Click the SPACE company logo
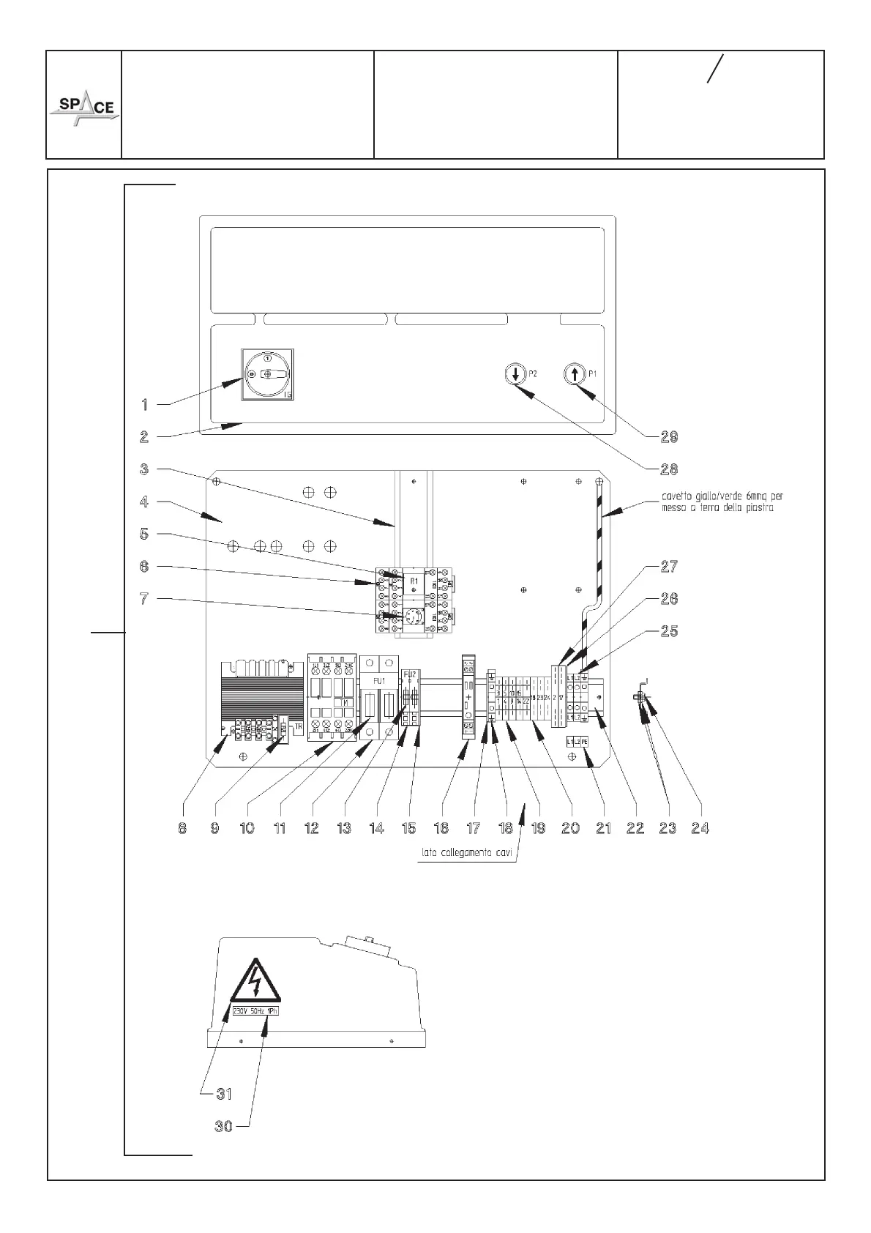click(84, 108)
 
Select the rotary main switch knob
click(267, 374)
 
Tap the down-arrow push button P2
click(515, 374)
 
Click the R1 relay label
click(414, 581)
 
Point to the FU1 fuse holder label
click(378, 680)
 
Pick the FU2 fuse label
click(410, 674)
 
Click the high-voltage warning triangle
click(255, 981)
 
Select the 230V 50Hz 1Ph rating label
click(255, 1011)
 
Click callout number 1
click(145, 404)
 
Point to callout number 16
click(441, 828)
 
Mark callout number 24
click(700, 828)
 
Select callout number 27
click(669, 566)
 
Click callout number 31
click(223, 1094)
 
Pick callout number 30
click(223, 1127)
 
